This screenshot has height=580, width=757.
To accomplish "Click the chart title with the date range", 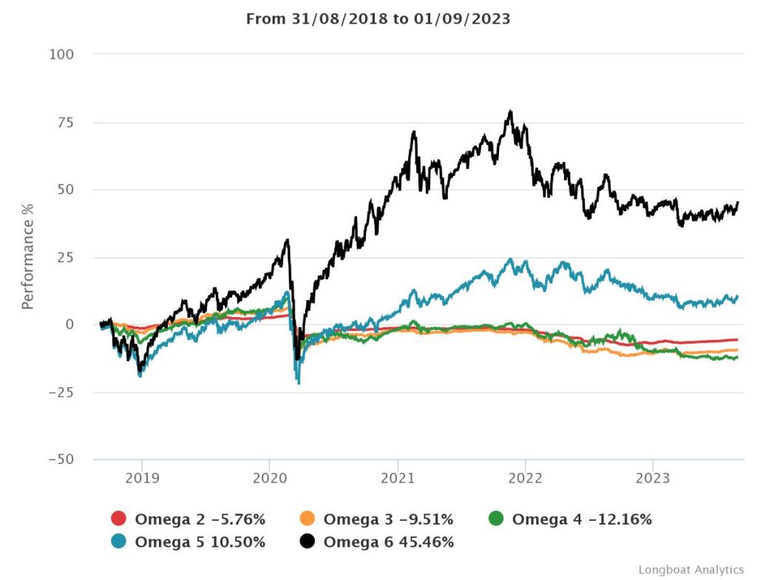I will tap(378, 19).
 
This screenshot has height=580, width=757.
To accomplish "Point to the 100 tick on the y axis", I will tap(62, 55).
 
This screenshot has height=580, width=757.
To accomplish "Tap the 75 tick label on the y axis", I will tap(66, 122).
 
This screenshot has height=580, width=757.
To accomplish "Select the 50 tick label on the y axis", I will tap(66, 190).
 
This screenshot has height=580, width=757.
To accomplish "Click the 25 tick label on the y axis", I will tap(66, 257).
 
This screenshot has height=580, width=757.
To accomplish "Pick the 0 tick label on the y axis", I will tap(69, 324).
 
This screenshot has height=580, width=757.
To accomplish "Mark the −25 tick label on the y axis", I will tap(62, 392).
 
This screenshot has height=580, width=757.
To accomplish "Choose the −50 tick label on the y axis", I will tap(62, 460).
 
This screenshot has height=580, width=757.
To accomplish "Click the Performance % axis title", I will tap(28, 257).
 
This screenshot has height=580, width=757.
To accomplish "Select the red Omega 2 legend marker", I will tap(118, 519).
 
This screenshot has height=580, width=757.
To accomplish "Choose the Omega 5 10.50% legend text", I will tap(200, 542).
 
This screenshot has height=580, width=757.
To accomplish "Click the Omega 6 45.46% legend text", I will tap(388, 542).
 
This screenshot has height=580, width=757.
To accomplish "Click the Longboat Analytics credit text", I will tap(691, 569).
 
